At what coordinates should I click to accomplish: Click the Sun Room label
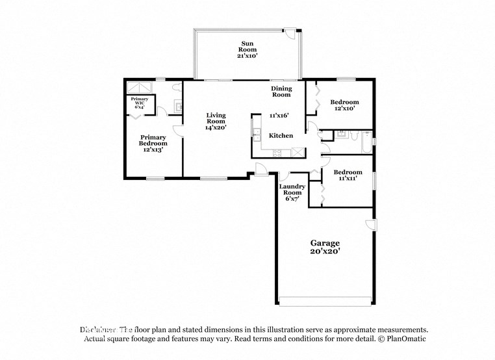pyautogui.click(x=247, y=49)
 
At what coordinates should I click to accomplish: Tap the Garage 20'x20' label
pyautogui.click(x=324, y=247)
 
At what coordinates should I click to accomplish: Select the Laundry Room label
pyautogui.click(x=291, y=192)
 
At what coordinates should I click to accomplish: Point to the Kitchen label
pyautogui.click(x=281, y=136)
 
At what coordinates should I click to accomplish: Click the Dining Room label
pyautogui.click(x=281, y=92)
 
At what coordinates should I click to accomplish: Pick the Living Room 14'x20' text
pyautogui.click(x=216, y=121)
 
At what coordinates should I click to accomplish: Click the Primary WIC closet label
pyautogui.click(x=140, y=103)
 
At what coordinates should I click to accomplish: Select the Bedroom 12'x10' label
pyautogui.click(x=344, y=105)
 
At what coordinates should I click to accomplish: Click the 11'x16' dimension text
pyautogui.click(x=279, y=116)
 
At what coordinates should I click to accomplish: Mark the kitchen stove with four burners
pyautogui.click(x=277, y=153)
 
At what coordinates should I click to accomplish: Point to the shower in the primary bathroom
pyautogui.click(x=138, y=88)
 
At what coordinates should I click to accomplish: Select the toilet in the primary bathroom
pyautogui.click(x=177, y=87)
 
